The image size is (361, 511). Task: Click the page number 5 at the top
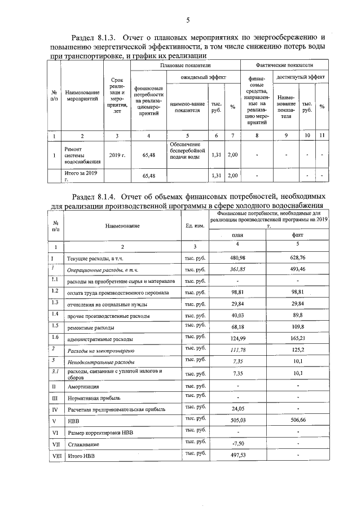pyautogui.click(x=187, y=20)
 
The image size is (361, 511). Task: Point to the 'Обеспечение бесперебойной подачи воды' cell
pyautogui.click(x=188, y=150)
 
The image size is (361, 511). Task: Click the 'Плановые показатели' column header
pyautogui.click(x=186, y=67)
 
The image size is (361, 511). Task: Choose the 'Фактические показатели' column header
pyautogui.click(x=284, y=67)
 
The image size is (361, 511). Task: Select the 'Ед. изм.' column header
pyautogui.click(x=195, y=226)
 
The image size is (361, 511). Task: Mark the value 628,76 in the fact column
pyautogui.click(x=297, y=257)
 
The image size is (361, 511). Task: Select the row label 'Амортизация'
pyautogui.click(x=83, y=387)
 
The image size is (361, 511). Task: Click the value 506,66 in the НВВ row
pyautogui.click(x=297, y=420)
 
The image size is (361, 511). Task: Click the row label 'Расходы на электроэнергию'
pyautogui.click(x=100, y=351)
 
